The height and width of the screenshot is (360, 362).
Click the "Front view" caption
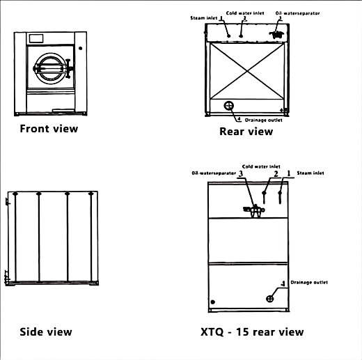tap(49, 129)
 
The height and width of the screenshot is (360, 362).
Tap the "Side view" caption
tap(46, 331)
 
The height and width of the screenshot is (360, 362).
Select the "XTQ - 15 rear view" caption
tap(252, 332)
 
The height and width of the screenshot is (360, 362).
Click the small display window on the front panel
tap(36, 38)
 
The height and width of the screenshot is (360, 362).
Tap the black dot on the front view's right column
tap(80, 48)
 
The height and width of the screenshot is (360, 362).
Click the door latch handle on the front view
tap(68, 68)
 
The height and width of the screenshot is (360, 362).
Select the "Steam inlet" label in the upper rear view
tap(204, 18)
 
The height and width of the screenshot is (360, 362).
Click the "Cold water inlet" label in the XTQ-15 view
tap(261, 166)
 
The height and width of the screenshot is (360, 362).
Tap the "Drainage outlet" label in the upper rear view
tap(264, 120)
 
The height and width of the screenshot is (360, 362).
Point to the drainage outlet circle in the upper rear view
tap(229, 106)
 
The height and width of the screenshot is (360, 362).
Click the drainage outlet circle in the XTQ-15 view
tap(269, 299)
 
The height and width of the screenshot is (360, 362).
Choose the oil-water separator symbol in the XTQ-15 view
tap(254, 211)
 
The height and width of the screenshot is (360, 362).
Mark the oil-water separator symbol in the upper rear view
tap(276, 34)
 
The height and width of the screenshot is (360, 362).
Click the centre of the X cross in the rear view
tap(247, 71)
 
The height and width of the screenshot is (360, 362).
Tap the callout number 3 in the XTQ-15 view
tap(241, 173)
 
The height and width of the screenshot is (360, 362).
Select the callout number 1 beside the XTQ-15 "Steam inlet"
tap(289, 173)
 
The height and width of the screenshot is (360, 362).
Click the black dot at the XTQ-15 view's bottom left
tap(212, 302)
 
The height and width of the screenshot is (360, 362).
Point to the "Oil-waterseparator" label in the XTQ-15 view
tap(214, 173)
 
